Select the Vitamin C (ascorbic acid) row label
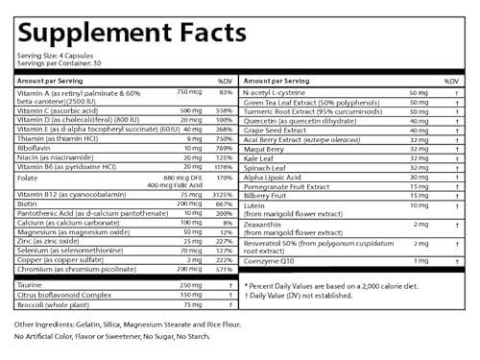pos(52,110)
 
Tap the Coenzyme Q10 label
pos(274,261)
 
